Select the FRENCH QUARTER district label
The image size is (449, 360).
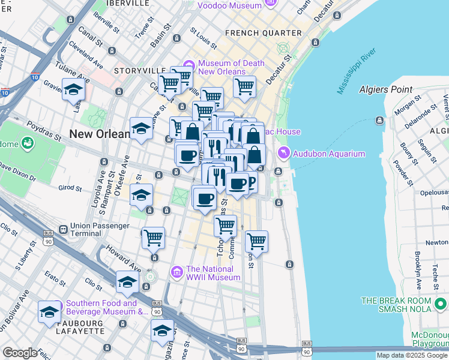click(x=264, y=32)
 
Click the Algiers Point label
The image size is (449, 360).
click(x=385, y=89)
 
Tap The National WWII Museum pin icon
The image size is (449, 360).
click(x=178, y=272)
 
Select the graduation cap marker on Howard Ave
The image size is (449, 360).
click(x=127, y=281)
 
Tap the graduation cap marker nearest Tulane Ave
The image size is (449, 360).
click(x=73, y=89)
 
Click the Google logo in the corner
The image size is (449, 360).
click(x=20, y=353)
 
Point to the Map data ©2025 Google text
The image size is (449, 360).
click(x=412, y=355)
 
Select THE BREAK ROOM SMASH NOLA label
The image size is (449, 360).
click(x=405, y=304)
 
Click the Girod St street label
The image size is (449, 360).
click(x=70, y=188)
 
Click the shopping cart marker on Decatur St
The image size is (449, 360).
click(x=244, y=86)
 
